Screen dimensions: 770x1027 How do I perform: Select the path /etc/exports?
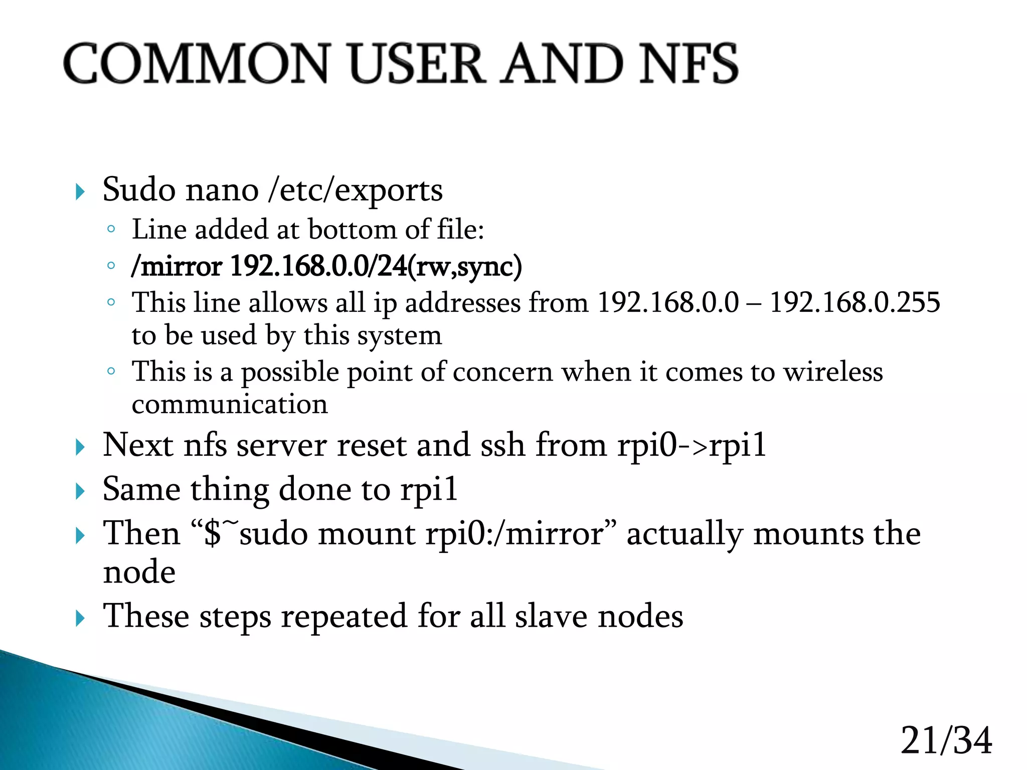pyautogui.click(x=356, y=190)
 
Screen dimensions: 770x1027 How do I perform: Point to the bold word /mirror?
pyautogui.click(x=177, y=266)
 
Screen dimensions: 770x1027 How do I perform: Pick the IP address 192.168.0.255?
pyautogui.click(x=854, y=303)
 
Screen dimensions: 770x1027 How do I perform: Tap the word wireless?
pyautogui.click(x=833, y=372)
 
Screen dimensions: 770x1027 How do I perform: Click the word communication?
pyautogui.click(x=230, y=405)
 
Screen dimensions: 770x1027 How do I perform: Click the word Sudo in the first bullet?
pyautogui.click(x=139, y=190)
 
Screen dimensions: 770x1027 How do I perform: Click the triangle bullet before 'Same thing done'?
pyautogui.click(x=80, y=491)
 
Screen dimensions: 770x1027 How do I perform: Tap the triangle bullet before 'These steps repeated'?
pyautogui.click(x=80, y=619)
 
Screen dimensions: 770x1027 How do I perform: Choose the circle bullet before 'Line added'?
pyautogui.click(x=111, y=230)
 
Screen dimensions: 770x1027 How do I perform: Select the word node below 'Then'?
pyautogui.click(x=139, y=572)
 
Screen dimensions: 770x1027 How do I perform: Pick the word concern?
pyautogui.click(x=502, y=372)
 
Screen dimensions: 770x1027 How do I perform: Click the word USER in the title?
pyautogui.click(x=417, y=64)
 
